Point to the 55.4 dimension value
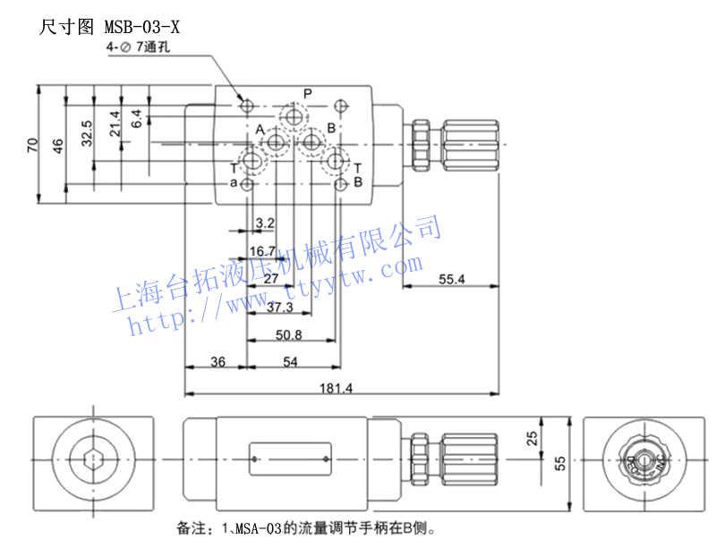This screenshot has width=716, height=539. pos(452,280)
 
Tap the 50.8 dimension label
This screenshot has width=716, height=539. pos(288,335)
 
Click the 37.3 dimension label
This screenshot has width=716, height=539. pos(280,307)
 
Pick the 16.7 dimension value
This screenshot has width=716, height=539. pos(262,251)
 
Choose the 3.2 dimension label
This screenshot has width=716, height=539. pos(264,223)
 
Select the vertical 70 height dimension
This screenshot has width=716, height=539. pos(32,145)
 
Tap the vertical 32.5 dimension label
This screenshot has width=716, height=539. pos(87,132)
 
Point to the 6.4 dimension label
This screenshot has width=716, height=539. pos(136,117)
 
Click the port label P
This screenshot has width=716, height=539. pos(307,94)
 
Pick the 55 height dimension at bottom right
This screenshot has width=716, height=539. pos(560,462)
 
